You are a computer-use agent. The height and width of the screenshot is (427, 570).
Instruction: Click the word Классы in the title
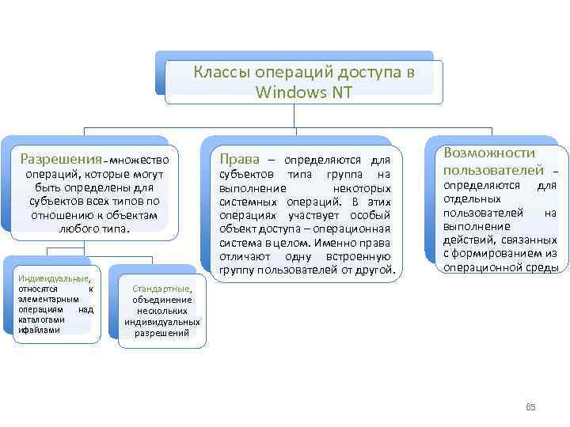click(x=220, y=73)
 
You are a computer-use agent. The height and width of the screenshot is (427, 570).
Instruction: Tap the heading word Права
click(x=239, y=158)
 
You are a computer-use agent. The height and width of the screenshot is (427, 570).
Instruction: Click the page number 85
click(x=531, y=406)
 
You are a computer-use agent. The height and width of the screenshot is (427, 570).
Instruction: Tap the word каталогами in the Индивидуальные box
click(x=39, y=319)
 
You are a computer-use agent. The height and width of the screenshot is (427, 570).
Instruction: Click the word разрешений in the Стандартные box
click(x=162, y=333)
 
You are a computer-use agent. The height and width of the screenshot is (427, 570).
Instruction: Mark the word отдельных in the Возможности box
click(x=465, y=198)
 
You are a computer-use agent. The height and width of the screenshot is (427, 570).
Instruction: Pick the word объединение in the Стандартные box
click(x=162, y=300)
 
